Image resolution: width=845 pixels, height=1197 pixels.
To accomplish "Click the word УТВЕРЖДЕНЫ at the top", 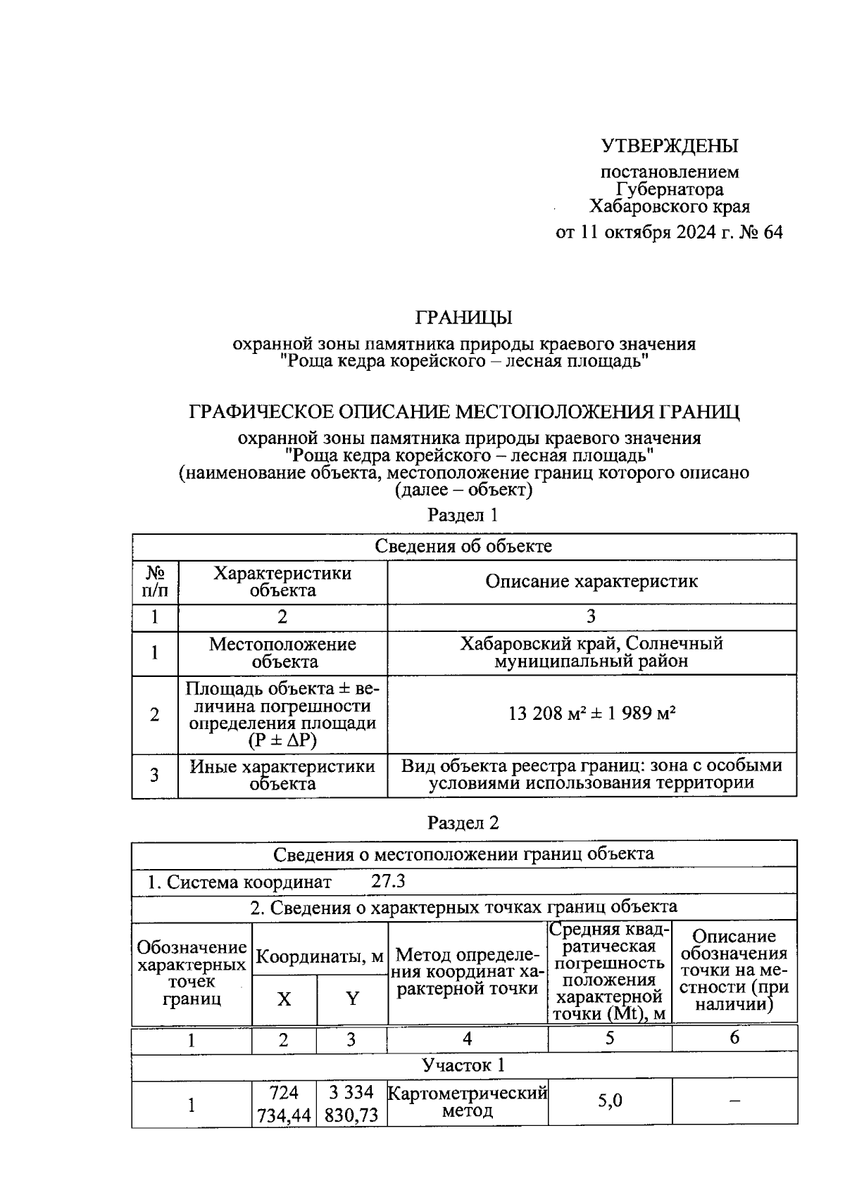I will pyautogui.click(x=669, y=146).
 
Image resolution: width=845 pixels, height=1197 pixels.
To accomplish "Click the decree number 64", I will pyautogui.click(x=771, y=232).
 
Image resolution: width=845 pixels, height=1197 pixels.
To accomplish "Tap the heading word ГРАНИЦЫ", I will pyautogui.click(x=463, y=317).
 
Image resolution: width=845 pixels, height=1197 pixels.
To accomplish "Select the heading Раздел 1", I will pyautogui.click(x=463, y=515).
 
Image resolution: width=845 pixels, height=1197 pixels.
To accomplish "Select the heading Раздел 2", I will pyautogui.click(x=463, y=823).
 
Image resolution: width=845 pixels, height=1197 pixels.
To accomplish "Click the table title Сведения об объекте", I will pyautogui.click(x=463, y=546).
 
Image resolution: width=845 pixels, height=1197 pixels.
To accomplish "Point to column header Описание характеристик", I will pyautogui.click(x=591, y=581).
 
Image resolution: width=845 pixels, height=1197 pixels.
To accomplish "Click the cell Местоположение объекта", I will pyautogui.click(x=282, y=652).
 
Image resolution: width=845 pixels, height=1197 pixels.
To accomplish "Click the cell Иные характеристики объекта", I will pyautogui.click(x=282, y=775).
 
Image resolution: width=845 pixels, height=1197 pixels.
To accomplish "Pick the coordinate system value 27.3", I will pyautogui.click(x=388, y=881).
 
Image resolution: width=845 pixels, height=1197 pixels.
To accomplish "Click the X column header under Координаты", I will pyautogui.click(x=284, y=999).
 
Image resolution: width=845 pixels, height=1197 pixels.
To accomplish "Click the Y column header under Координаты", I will pyautogui.click(x=352, y=999).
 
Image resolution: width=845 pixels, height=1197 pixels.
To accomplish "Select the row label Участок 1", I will pyautogui.click(x=463, y=1065).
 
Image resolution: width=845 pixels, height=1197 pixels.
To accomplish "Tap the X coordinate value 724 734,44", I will pyautogui.click(x=284, y=1104).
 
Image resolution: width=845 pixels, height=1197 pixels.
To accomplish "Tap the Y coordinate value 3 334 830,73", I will pyautogui.click(x=351, y=1104).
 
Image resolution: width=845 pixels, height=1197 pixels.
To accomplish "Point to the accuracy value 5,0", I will pyautogui.click(x=610, y=1101).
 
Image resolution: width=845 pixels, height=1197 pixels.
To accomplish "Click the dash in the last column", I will pyautogui.click(x=734, y=1102).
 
